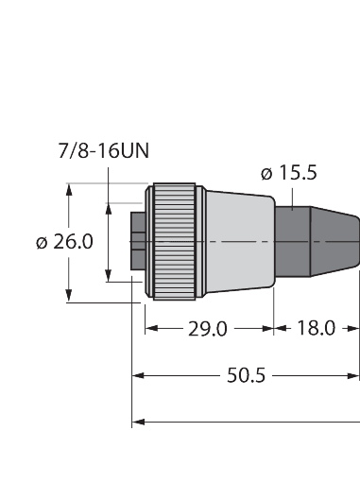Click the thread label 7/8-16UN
pyautogui.click(x=105, y=151)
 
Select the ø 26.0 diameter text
pyautogui.click(x=64, y=241)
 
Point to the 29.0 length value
pyautogui.click(x=208, y=329)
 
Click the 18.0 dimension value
pyautogui.click(x=316, y=329)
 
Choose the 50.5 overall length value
pyautogui.click(x=246, y=375)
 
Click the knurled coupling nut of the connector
pyautogui.click(x=174, y=241)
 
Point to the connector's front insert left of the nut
pyautogui.click(x=138, y=241)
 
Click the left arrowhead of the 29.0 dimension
pyautogui.click(x=149, y=329)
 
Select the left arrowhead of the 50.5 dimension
pyautogui.click(x=137, y=375)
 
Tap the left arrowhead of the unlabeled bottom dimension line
pyautogui.click(x=137, y=420)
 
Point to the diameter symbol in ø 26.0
pyautogui.click(x=43, y=242)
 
